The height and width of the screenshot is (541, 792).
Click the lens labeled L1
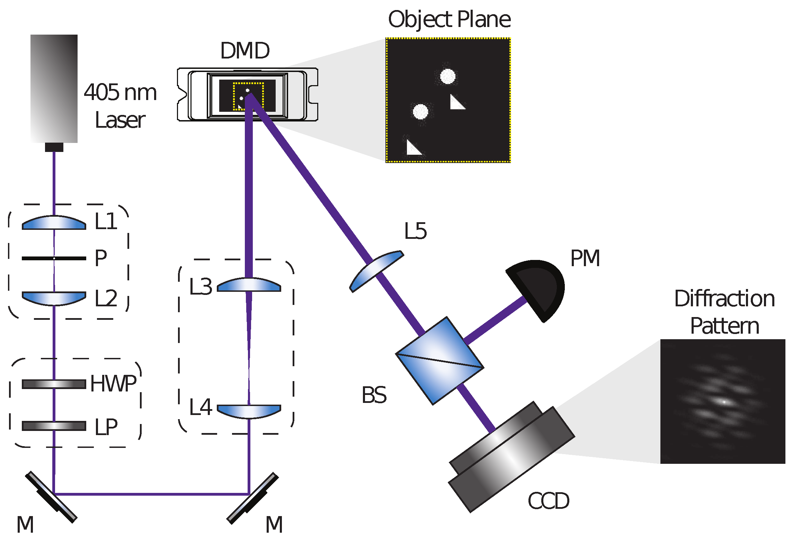click(x=54, y=223)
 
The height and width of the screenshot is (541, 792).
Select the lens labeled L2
click(x=54, y=298)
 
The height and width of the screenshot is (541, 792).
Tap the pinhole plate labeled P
click(x=54, y=258)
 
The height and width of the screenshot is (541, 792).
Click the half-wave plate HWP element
click(x=54, y=384)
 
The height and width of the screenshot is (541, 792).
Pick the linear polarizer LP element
click(x=54, y=426)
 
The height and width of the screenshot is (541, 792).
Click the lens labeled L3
click(x=249, y=285)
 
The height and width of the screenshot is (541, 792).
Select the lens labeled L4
click(x=249, y=411)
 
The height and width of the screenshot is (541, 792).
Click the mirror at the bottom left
click(x=51, y=497)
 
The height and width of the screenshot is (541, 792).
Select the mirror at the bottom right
click(x=252, y=498)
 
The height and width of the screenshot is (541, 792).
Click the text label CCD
click(x=548, y=501)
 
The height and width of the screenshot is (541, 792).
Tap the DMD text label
click(x=245, y=51)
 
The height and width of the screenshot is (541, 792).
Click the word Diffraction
click(x=724, y=299)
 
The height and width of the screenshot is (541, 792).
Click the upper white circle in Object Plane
click(x=447, y=76)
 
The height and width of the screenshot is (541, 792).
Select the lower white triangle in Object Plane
click(x=413, y=148)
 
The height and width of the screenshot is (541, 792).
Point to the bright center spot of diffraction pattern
click(x=724, y=402)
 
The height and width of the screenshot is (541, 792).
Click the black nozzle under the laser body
click(x=54, y=147)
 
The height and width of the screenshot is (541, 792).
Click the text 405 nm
click(x=120, y=92)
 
